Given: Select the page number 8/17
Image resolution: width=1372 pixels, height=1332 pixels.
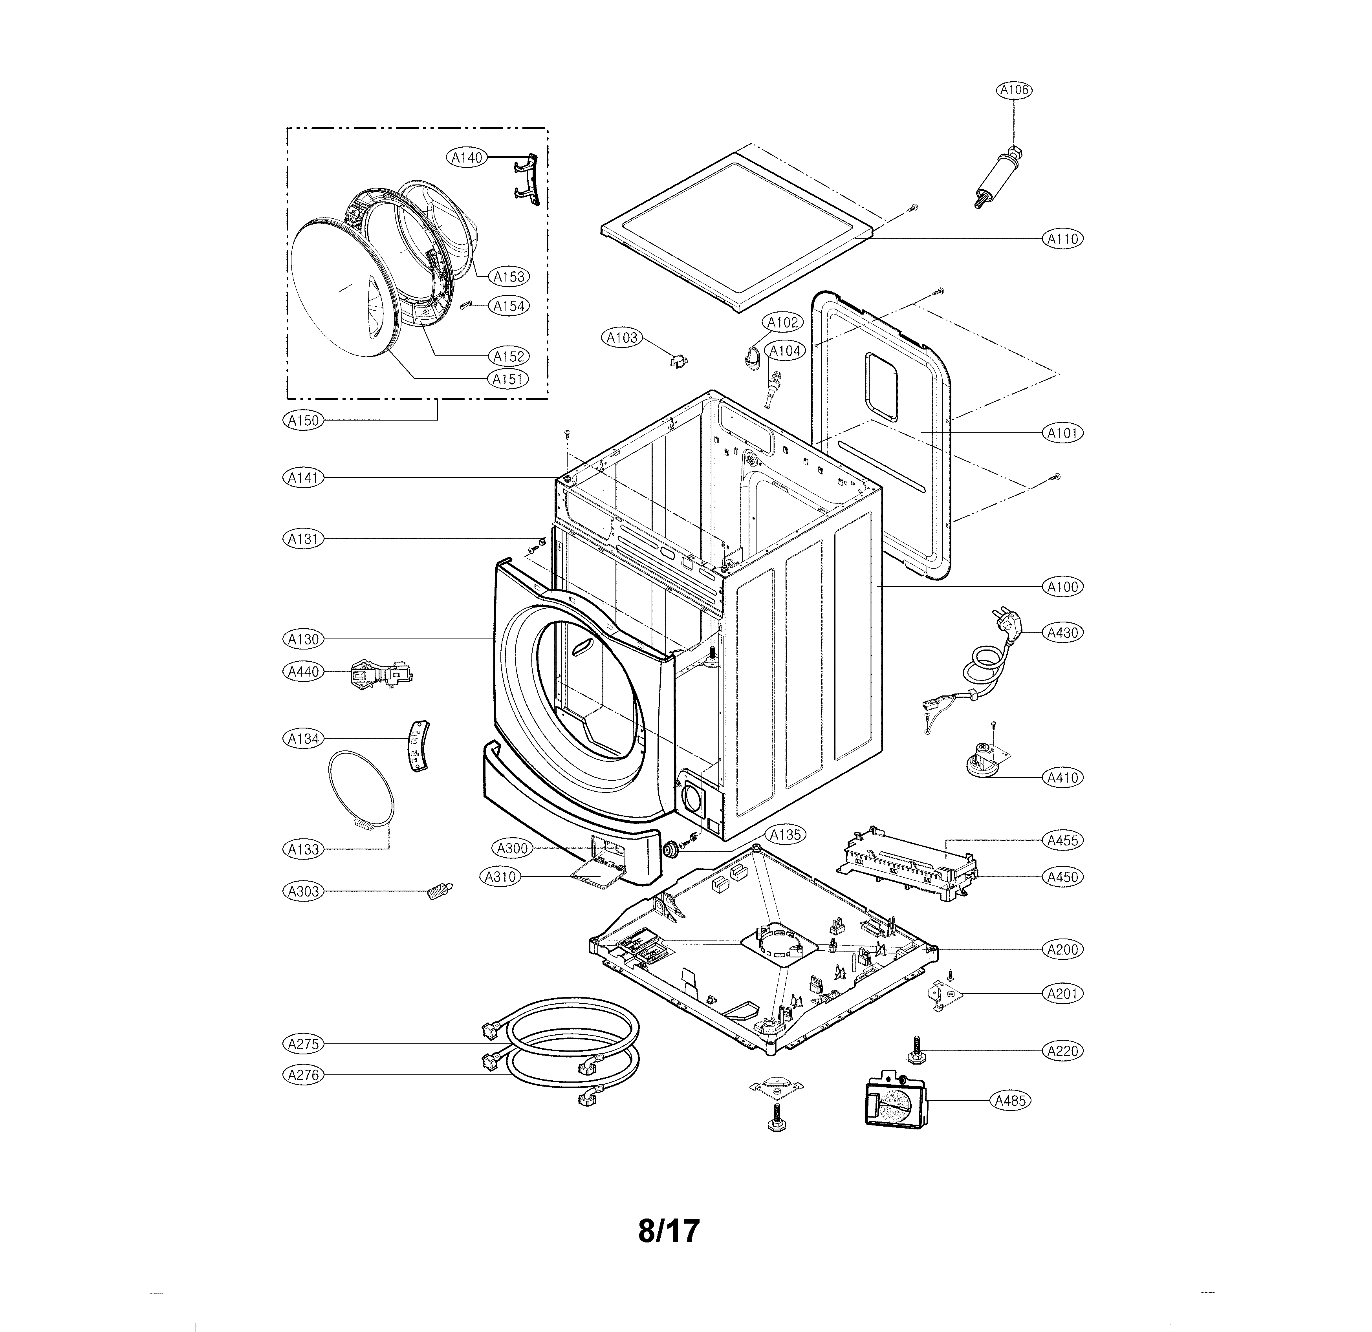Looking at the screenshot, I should [669, 1231].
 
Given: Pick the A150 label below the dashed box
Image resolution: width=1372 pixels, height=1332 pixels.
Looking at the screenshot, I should [304, 421].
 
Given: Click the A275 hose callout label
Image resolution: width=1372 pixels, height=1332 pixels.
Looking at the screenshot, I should [304, 1044].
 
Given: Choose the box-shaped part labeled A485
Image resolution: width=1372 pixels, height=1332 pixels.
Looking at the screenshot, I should [895, 1101].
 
